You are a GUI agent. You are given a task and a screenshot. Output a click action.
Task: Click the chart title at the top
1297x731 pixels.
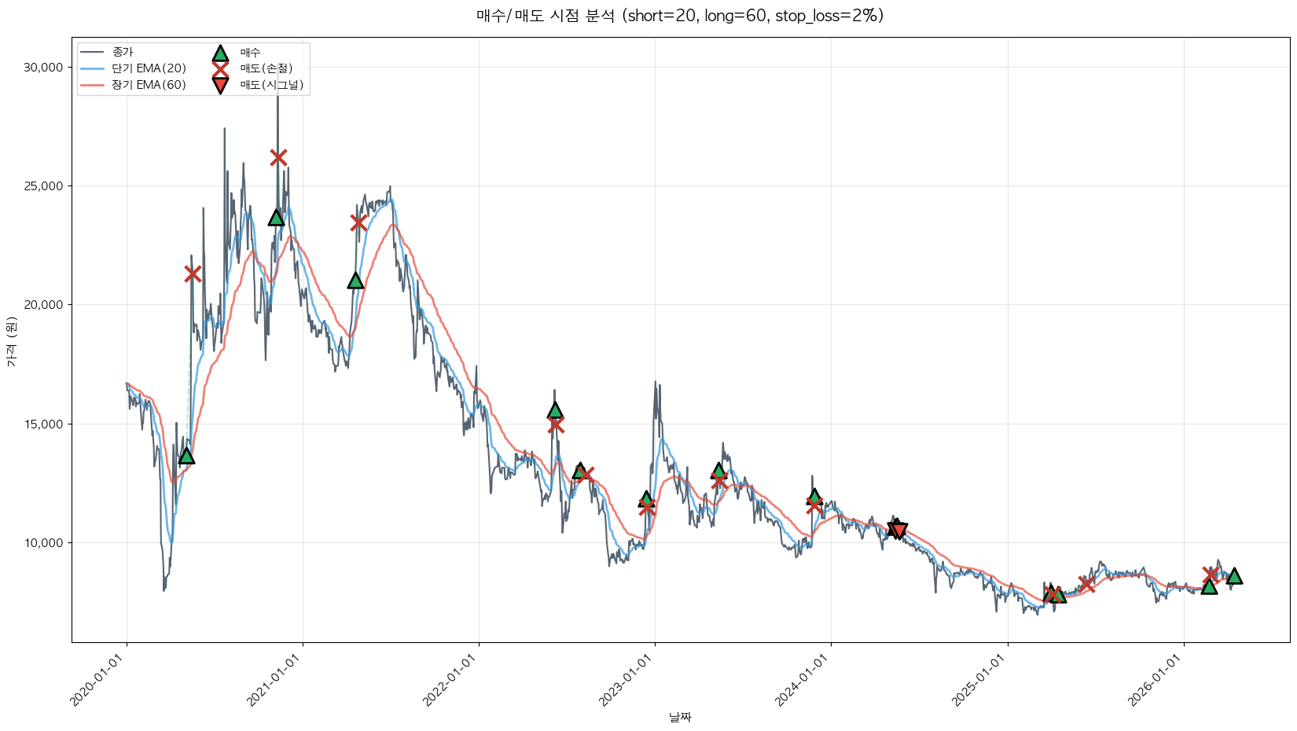click(x=680, y=16)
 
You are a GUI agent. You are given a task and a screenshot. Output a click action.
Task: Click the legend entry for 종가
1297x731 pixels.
click(x=123, y=52)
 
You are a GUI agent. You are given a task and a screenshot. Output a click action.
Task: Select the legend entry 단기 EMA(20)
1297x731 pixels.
click(x=149, y=68)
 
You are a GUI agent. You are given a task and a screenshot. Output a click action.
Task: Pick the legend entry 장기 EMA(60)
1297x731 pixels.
click(x=149, y=85)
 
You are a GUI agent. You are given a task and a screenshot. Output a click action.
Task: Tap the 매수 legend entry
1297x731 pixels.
click(x=250, y=52)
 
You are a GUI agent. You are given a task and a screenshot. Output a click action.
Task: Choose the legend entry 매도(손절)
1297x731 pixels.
click(x=266, y=68)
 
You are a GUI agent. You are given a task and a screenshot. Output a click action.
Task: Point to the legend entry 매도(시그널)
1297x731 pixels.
click(x=271, y=85)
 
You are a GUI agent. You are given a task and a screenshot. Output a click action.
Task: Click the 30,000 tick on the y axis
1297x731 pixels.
click(x=43, y=68)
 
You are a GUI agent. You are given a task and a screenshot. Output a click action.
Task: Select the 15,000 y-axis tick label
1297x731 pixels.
click(x=43, y=424)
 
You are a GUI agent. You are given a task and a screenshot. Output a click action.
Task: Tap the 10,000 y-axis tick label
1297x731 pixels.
click(x=43, y=542)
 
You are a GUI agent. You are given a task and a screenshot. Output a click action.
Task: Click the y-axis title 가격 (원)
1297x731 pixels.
click(x=11, y=341)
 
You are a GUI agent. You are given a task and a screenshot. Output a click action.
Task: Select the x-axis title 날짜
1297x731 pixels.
click(x=680, y=717)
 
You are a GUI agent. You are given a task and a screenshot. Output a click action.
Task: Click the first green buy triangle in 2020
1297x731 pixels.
click(x=186, y=456)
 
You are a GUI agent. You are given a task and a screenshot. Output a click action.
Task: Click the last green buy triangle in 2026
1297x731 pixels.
click(x=1234, y=576)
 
